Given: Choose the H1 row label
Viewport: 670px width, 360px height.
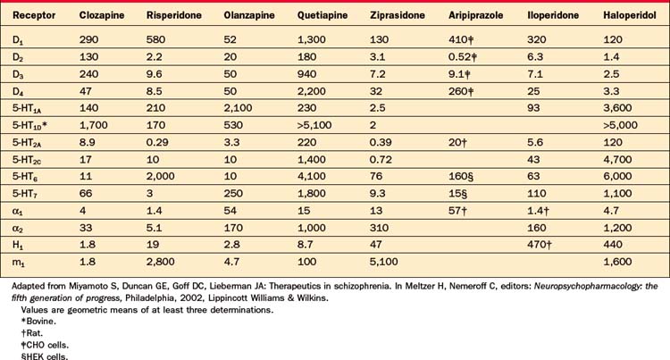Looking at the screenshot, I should [17, 234].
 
